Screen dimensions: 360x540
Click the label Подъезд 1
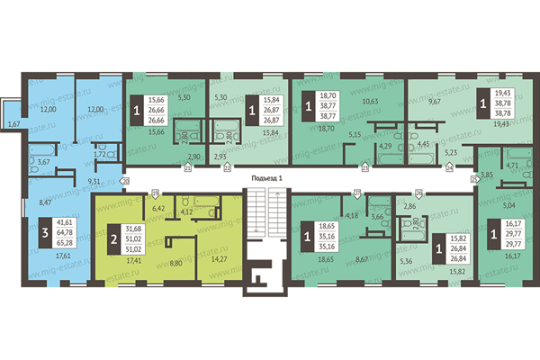tap(267, 178)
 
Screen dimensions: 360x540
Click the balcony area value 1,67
tap(13, 123)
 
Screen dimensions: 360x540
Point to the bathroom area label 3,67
tap(42, 162)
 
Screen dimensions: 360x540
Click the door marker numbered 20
tap(125, 181)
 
